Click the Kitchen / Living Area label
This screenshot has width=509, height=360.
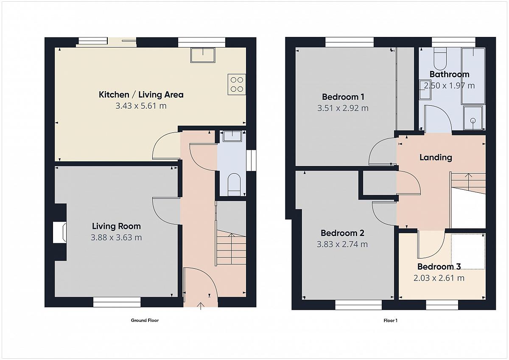[x=141, y=95]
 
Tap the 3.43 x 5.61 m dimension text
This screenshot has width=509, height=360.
[x=141, y=106]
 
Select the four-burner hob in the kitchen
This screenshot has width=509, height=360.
[x=237, y=84]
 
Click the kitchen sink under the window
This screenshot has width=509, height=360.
[x=203, y=55]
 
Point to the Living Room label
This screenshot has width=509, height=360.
[x=116, y=226]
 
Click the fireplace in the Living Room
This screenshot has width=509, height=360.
[x=60, y=232]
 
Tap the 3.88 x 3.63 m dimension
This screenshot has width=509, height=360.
[x=116, y=237]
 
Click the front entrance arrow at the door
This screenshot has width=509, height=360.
[x=201, y=306]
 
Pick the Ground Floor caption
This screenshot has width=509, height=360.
[x=145, y=320]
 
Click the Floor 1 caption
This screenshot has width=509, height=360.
[x=390, y=321]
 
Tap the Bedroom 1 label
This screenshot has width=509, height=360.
[x=343, y=97]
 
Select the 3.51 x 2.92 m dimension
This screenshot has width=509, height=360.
[x=343, y=108]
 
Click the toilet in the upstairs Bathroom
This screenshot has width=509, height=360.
[x=440, y=59]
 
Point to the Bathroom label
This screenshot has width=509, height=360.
[x=449, y=74]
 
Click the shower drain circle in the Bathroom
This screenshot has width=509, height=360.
[x=473, y=121]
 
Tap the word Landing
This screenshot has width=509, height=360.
[x=436, y=157]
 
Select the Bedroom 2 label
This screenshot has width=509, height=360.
[x=342, y=233]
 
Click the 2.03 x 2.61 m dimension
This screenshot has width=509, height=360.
[x=439, y=278]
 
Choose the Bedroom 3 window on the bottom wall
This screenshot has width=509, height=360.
[x=442, y=305]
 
